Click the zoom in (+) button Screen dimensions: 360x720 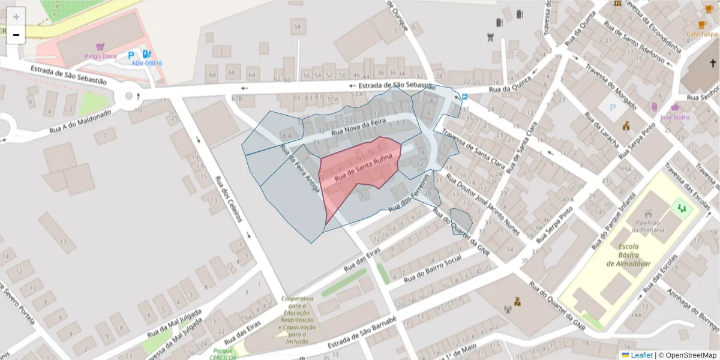click(16, 17)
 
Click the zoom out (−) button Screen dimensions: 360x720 click(16, 35)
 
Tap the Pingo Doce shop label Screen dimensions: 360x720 click(100, 56)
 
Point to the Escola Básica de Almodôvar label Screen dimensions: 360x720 click(628, 255)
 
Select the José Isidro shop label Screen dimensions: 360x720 click(675, 117)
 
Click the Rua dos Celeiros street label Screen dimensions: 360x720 click(229, 199)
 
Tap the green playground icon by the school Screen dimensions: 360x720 click(681, 208)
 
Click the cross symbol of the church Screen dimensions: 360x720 click(713, 63)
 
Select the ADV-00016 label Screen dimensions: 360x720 click(147, 63)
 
